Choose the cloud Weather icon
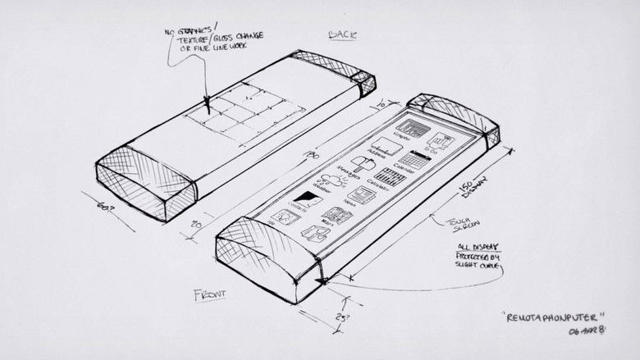tap(332, 181)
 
